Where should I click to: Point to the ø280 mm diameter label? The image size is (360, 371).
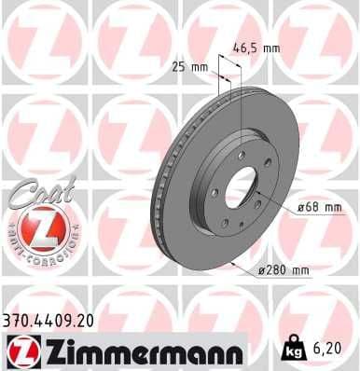click(x=283, y=270)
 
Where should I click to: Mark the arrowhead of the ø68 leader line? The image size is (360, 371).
click(x=256, y=194)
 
